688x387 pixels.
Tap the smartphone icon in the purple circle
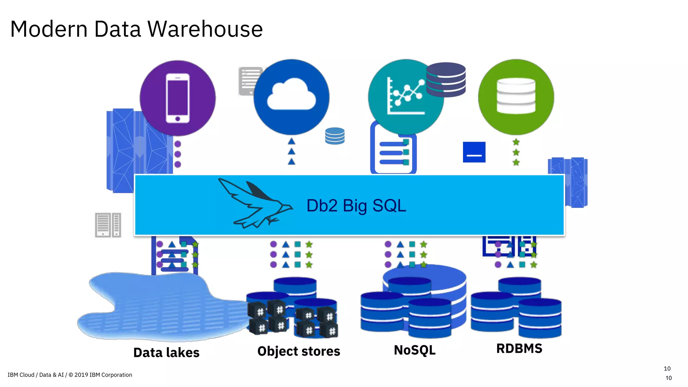[x=177, y=98]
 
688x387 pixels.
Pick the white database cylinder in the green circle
[x=516, y=96]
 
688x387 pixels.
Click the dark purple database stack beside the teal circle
[x=446, y=80]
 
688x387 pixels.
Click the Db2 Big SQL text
[x=356, y=206]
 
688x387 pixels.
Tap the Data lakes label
[x=166, y=353]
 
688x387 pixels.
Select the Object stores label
[x=299, y=351]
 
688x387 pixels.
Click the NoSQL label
[x=415, y=350]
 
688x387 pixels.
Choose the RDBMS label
[x=519, y=349]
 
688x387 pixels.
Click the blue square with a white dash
[x=474, y=152]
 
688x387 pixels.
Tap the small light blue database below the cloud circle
[x=335, y=136]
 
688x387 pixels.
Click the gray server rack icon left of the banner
[x=108, y=225]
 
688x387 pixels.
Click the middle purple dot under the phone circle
[x=178, y=154]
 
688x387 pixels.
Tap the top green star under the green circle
[x=516, y=142]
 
